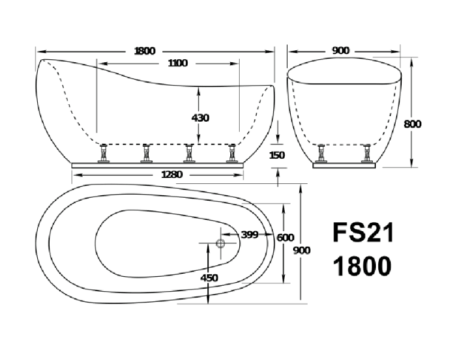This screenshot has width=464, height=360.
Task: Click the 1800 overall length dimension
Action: pos(144,50)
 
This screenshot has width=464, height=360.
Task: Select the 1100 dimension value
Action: pos(178,63)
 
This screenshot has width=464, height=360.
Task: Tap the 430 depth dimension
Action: pos(200,118)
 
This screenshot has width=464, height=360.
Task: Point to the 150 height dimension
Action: pos(278,155)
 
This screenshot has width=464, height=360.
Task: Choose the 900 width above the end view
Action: pos(340,50)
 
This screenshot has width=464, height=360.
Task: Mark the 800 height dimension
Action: pos(412,124)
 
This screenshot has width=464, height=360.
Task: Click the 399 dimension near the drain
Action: pos(249,235)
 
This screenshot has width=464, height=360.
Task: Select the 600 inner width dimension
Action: pos(285,237)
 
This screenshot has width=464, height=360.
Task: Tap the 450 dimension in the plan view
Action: pos(209,277)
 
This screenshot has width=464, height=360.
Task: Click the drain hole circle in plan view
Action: pos(219,243)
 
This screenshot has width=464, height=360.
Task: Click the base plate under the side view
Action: pos(158,162)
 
